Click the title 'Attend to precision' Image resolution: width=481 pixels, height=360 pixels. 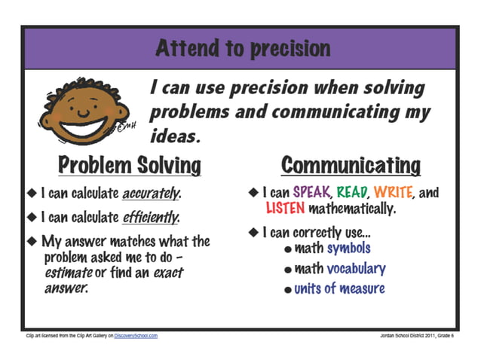(x=243, y=49)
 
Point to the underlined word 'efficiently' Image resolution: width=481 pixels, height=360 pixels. (x=152, y=218)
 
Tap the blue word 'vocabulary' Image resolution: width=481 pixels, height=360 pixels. (x=356, y=268)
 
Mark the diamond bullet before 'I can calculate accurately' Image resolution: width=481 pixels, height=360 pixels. (x=32, y=194)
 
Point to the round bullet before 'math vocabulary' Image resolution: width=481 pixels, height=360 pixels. (x=289, y=270)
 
